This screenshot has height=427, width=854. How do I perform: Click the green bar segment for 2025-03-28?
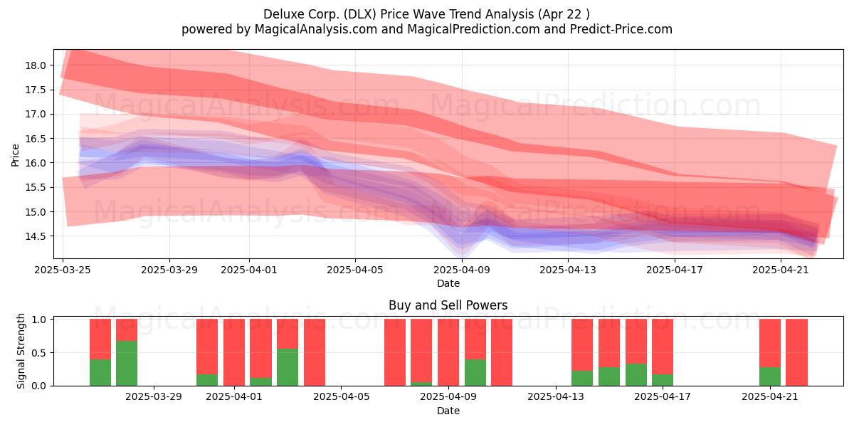click(x=127, y=363)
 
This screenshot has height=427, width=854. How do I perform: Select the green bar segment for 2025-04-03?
click(x=288, y=367)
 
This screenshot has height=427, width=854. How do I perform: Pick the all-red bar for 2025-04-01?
click(x=234, y=352)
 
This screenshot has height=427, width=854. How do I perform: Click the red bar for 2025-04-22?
click(x=797, y=352)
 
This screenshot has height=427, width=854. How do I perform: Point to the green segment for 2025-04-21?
click(x=770, y=376)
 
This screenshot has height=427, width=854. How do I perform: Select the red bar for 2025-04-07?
click(x=395, y=352)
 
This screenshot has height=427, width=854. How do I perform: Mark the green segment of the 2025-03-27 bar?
click(x=100, y=372)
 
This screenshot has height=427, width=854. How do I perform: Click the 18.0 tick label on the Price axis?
click(x=36, y=65)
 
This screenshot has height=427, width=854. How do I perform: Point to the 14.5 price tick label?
click(x=36, y=236)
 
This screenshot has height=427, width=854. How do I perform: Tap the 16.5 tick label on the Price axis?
click(x=36, y=139)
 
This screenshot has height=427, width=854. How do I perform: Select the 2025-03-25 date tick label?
click(x=63, y=270)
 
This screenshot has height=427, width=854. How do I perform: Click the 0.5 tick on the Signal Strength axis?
click(x=39, y=353)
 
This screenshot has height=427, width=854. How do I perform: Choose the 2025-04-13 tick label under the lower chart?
click(x=556, y=397)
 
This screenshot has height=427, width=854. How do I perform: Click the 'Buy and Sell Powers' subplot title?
click(x=448, y=305)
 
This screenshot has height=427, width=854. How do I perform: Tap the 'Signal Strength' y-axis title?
click(x=21, y=351)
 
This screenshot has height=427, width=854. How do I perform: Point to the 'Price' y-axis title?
click(x=15, y=155)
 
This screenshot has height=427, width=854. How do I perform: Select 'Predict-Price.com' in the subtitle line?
click(x=621, y=29)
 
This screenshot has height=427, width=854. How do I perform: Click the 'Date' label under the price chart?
click(x=448, y=284)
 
